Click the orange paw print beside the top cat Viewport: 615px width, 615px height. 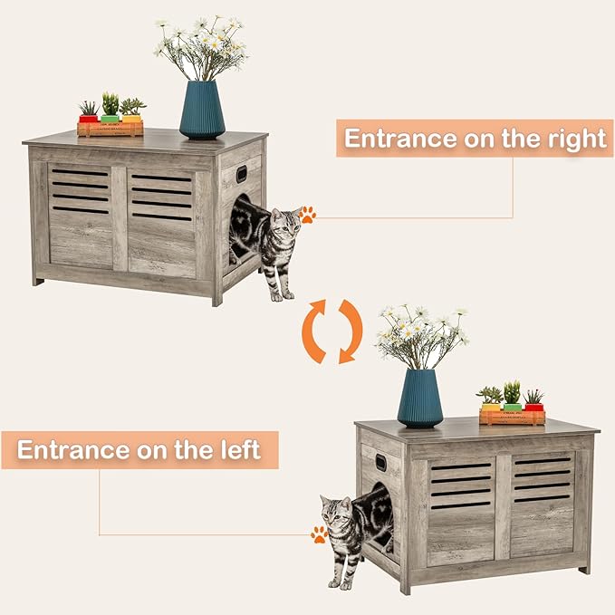[x=308, y=215]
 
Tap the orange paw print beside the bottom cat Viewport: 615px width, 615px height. [x=320, y=534]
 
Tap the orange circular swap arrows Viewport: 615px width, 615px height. [x=332, y=332]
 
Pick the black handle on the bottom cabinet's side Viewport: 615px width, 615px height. [x=380, y=463]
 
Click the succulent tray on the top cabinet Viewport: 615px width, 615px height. [x=110, y=128]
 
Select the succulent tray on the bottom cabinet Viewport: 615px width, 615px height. [x=512, y=416]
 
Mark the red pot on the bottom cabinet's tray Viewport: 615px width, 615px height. [x=534, y=407]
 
